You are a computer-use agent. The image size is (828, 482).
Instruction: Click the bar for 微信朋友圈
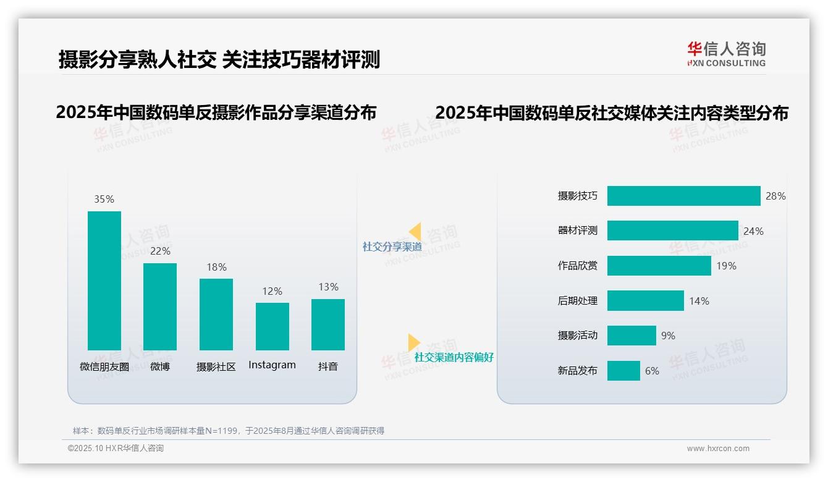(104, 281)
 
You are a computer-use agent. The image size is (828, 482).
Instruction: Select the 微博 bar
(160, 307)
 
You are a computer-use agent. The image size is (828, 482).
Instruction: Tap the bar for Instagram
(272, 326)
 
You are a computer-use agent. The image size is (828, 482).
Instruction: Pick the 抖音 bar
(328, 324)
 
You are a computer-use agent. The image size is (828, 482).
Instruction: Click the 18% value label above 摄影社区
(216, 267)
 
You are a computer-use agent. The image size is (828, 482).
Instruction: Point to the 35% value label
(104, 199)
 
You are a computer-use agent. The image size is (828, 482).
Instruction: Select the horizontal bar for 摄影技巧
(683, 196)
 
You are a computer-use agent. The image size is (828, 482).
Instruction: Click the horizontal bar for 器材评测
(672, 230)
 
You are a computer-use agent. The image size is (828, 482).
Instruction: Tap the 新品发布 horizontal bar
(623, 371)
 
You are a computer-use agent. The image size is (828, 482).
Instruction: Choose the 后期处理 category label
(577, 301)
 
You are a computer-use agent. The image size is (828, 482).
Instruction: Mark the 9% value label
(668, 336)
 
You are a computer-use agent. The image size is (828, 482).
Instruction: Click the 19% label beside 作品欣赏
(726, 266)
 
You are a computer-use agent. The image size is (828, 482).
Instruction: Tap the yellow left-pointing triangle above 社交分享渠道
(415, 231)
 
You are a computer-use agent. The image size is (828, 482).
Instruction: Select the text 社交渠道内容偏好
(454, 357)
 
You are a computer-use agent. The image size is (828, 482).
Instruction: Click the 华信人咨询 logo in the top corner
(726, 54)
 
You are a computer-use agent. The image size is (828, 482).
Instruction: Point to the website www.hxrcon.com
(717, 449)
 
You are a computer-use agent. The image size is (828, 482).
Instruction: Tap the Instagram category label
(272, 365)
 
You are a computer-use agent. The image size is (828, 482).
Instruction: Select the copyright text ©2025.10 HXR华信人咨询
(116, 449)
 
